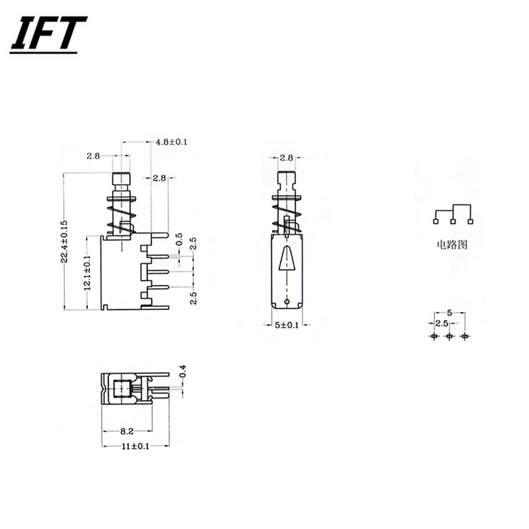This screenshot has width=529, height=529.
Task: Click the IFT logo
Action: click(x=48, y=34)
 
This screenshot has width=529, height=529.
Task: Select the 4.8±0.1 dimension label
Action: click(x=171, y=142)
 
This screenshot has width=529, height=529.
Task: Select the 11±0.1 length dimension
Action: click(x=136, y=446)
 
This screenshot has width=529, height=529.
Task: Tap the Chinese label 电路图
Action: click(x=452, y=244)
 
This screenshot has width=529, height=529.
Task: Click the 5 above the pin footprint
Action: click(x=450, y=312)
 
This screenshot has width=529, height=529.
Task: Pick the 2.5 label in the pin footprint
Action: click(x=441, y=323)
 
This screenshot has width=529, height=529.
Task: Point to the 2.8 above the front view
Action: click(x=286, y=157)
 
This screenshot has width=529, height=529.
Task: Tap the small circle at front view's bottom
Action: click(x=286, y=302)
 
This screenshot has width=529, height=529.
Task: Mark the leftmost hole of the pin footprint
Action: click(x=434, y=337)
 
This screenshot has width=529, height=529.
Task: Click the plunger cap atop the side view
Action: click(x=120, y=180)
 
